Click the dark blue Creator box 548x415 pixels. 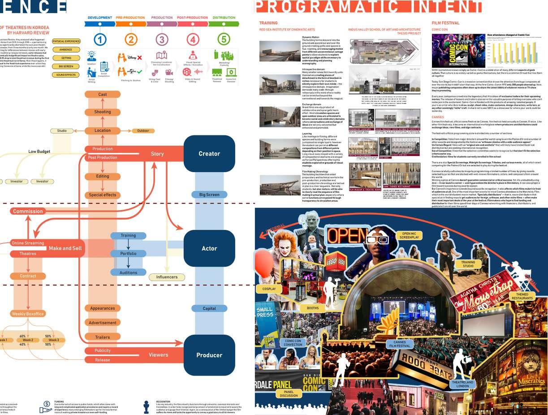(x=209, y=154)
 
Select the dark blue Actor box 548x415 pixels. (x=209, y=248)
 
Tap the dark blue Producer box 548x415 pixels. (x=209, y=355)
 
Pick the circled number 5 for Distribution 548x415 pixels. (x=224, y=39)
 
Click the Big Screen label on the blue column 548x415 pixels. (x=209, y=195)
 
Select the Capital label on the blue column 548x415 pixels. (x=209, y=308)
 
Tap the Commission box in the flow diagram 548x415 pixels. (x=28, y=211)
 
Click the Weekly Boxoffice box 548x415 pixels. (x=28, y=314)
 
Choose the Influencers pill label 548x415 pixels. (x=167, y=277)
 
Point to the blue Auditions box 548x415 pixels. (x=128, y=272)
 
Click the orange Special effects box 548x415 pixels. (x=102, y=195)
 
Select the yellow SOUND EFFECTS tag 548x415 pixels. (x=66, y=75)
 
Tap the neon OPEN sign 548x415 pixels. (x=344, y=235)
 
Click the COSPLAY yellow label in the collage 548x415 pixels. (x=269, y=289)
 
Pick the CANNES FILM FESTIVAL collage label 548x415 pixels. (x=400, y=344)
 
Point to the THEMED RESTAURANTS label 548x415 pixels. (x=522, y=296)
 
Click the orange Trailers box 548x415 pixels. (x=102, y=337)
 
